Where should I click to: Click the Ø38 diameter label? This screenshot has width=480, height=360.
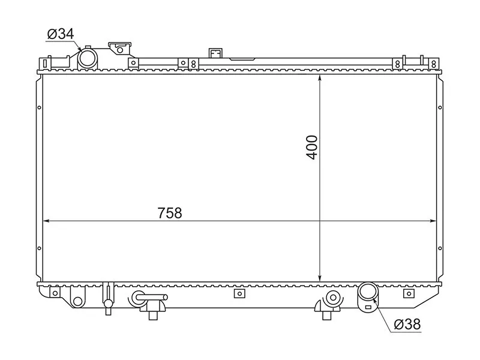coord(407,325)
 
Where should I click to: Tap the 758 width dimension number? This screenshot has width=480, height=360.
coord(170,212)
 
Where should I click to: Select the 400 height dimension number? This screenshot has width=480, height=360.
coord(313,147)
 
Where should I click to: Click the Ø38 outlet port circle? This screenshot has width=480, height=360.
coord(367,293)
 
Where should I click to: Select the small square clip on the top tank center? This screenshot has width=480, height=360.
coord(215,53)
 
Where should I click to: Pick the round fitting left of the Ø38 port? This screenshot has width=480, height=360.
coord(332,296)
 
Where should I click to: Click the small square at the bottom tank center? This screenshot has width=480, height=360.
coord(239,293)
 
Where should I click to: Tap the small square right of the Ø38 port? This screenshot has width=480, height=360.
coord(409,293)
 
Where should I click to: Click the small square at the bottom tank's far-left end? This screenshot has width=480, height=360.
coord(56,293)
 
